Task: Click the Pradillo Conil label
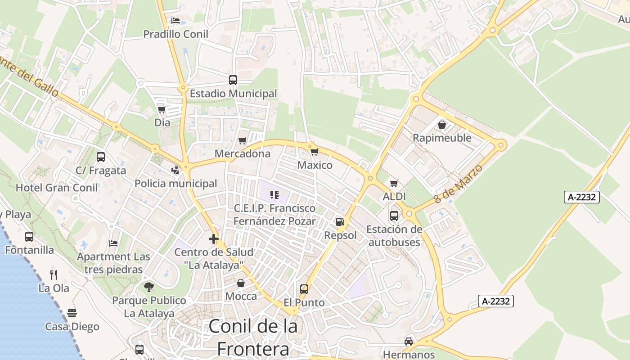pyautogui.click(x=175, y=34)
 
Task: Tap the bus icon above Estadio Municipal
pyautogui.click(x=233, y=80)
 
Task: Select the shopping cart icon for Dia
pyautogui.click(x=162, y=109)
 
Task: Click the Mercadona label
pyautogui.click(x=243, y=154)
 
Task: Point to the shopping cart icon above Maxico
pyautogui.click(x=315, y=152)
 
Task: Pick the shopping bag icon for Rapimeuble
pyautogui.click(x=442, y=125)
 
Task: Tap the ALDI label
pyautogui.click(x=394, y=197)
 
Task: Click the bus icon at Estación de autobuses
pyautogui.click(x=394, y=216)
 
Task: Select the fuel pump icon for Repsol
pyautogui.click(x=340, y=222)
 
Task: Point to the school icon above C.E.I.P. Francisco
pyautogui.click(x=274, y=195)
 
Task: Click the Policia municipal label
pyautogui.click(x=176, y=184)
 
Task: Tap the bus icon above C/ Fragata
pyautogui.click(x=101, y=157)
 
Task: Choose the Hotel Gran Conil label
pyautogui.click(x=57, y=188)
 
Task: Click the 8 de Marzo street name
pyautogui.click(x=458, y=184)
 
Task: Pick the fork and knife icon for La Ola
pyautogui.click(x=54, y=274)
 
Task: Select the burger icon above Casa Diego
pyautogui.click(x=72, y=313)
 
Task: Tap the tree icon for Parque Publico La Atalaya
pyautogui.click(x=149, y=287)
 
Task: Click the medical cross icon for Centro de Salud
pyautogui.click(x=214, y=239)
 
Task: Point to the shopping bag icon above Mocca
pyautogui.click(x=241, y=283)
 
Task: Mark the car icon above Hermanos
pyautogui.click(x=409, y=341)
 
